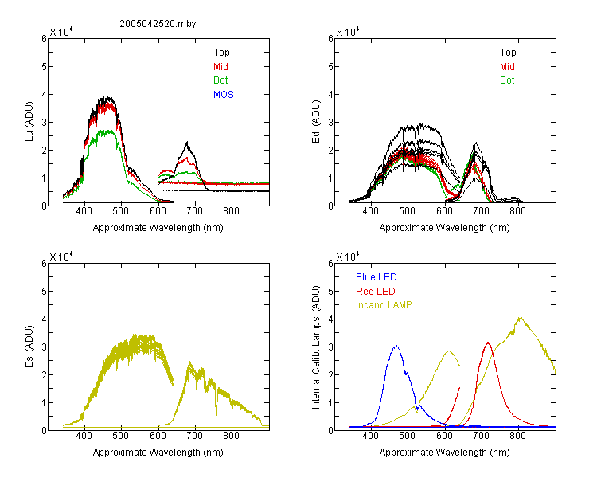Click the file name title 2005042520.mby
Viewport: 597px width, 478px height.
point(158,24)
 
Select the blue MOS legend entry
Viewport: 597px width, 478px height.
point(224,95)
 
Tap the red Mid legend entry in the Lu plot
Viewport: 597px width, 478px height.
point(220,67)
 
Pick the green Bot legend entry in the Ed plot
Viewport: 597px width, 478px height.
point(507,80)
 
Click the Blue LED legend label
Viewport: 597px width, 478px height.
point(377,277)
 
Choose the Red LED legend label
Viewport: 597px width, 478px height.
point(376,292)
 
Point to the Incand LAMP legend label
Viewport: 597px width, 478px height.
point(384,305)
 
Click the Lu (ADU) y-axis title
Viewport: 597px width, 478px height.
point(29,122)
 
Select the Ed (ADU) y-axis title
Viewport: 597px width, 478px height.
point(316,122)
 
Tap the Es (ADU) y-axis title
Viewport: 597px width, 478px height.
point(29,347)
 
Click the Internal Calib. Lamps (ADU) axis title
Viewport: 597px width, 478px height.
point(316,347)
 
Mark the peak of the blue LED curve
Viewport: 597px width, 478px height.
point(396,346)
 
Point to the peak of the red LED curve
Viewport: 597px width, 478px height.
point(488,343)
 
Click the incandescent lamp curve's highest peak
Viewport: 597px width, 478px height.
point(520,318)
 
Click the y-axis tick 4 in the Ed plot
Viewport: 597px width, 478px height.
point(330,94)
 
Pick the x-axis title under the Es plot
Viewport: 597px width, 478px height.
point(158,453)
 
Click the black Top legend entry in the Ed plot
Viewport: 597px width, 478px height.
point(508,53)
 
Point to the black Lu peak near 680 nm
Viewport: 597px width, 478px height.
point(187,143)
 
